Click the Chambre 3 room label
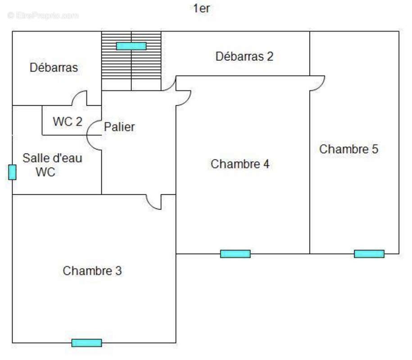click(x=92, y=271)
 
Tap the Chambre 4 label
click(x=240, y=164)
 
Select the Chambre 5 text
click(x=349, y=149)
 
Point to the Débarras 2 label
click(x=244, y=57)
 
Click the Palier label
click(x=119, y=127)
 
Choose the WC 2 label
click(x=68, y=121)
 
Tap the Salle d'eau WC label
click(x=52, y=165)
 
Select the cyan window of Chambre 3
click(x=86, y=343)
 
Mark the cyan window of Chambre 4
click(x=235, y=254)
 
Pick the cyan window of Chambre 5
click(x=369, y=254)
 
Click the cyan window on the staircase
click(x=131, y=46)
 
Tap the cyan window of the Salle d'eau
click(x=12, y=172)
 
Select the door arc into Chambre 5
click(x=317, y=83)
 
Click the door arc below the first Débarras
click(x=80, y=98)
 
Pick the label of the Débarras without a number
click(x=54, y=67)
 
